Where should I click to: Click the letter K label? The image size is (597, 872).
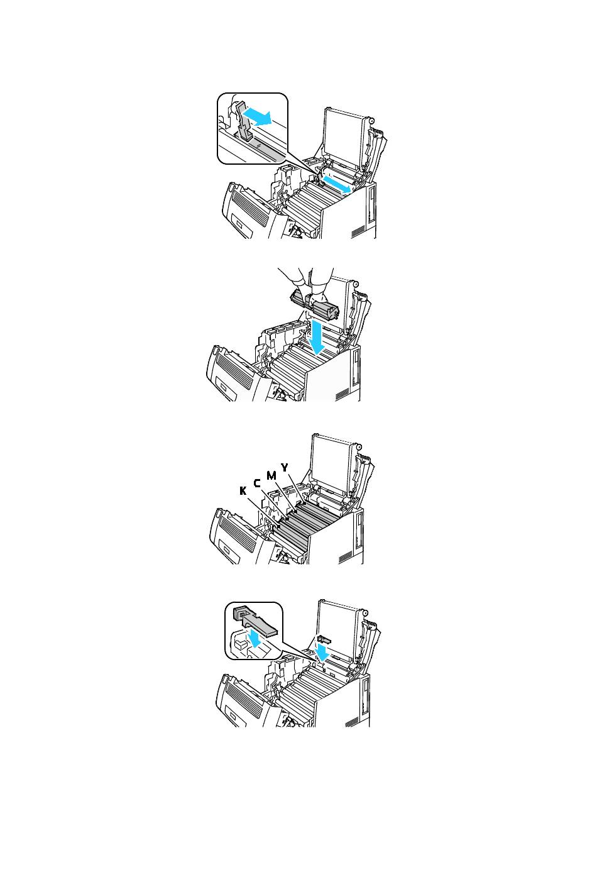point(243,491)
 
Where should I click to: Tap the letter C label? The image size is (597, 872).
point(257,483)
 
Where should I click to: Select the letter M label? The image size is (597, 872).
point(271,475)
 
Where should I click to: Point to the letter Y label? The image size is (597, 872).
point(285,468)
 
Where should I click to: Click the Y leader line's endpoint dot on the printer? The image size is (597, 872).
point(304,504)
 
